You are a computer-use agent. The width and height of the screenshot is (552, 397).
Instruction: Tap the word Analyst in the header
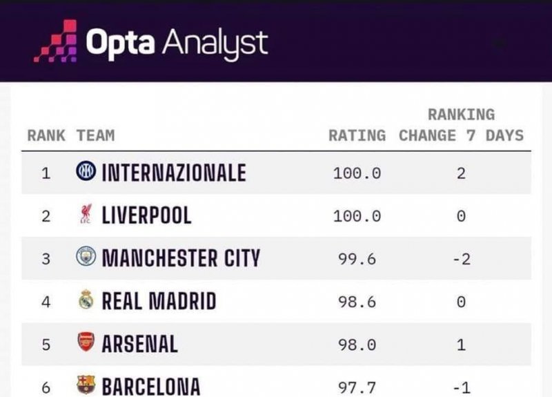click(x=215, y=43)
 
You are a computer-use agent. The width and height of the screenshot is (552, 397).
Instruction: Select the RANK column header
click(x=46, y=135)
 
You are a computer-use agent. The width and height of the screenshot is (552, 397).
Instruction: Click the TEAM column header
click(x=96, y=135)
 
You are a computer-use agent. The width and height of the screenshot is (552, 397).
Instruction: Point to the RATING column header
click(x=357, y=135)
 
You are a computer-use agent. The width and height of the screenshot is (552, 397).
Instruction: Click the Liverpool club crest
click(x=86, y=215)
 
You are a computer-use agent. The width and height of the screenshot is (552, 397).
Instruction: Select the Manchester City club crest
click(x=86, y=258)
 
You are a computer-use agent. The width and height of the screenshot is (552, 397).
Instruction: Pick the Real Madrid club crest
click(x=86, y=300)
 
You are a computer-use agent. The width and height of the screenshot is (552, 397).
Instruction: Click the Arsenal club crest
click(x=86, y=343)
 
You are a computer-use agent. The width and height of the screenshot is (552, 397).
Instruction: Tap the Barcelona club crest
click(x=86, y=385)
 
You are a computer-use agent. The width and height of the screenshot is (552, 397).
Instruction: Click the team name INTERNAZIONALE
click(x=174, y=173)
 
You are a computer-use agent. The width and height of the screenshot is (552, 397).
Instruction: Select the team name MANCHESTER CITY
click(x=181, y=258)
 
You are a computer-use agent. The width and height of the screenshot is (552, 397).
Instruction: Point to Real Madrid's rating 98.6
click(x=357, y=302)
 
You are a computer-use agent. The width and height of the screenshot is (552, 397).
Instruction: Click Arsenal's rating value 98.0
click(x=357, y=345)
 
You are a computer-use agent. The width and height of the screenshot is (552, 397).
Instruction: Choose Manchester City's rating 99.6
click(x=357, y=259)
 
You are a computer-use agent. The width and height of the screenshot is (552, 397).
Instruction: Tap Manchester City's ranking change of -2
click(x=460, y=259)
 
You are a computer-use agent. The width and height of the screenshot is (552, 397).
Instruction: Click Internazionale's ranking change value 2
click(x=461, y=173)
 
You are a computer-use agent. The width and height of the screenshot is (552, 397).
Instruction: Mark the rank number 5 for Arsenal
click(x=46, y=345)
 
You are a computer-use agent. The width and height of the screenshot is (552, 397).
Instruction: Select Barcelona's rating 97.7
click(x=357, y=387)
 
